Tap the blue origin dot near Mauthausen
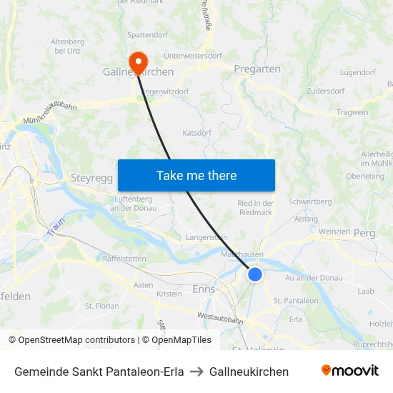pyautogui.click(x=255, y=274)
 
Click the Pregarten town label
pyautogui.click(x=257, y=69)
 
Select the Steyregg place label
pyautogui.click(x=92, y=178)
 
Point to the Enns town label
pyautogui.click(x=204, y=289)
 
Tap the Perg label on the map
pyautogui.click(x=364, y=233)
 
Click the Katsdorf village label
pyautogui.click(x=197, y=133)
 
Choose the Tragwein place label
pyautogui.click(x=352, y=112)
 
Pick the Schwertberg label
pyautogui.click(x=310, y=202)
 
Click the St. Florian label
pyautogui.click(x=102, y=306)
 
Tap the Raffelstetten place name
pyautogui.click(x=125, y=259)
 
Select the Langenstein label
pyautogui.click(x=206, y=237)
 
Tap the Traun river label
pyautogui.click(x=56, y=227)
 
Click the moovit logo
pyautogui.click(x=350, y=371)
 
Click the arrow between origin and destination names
pyautogui.click(x=196, y=372)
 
